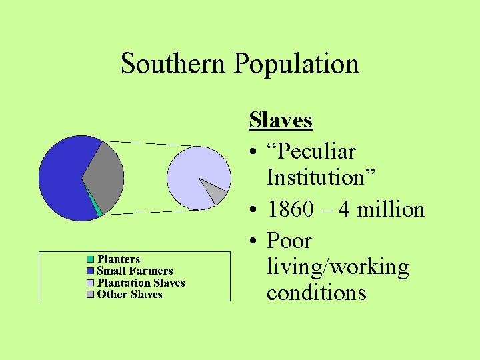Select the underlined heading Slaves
click(281, 121)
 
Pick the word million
click(391, 210)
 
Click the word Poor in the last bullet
click(289, 241)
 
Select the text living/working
click(337, 268)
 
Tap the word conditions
click(316, 293)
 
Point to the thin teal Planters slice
click(97, 209)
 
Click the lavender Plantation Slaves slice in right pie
click(193, 175)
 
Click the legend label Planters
click(119, 259)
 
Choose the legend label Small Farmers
click(135, 271)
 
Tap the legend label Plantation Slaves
click(141, 283)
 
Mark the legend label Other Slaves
click(129, 294)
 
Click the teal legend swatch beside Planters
click(90, 259)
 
